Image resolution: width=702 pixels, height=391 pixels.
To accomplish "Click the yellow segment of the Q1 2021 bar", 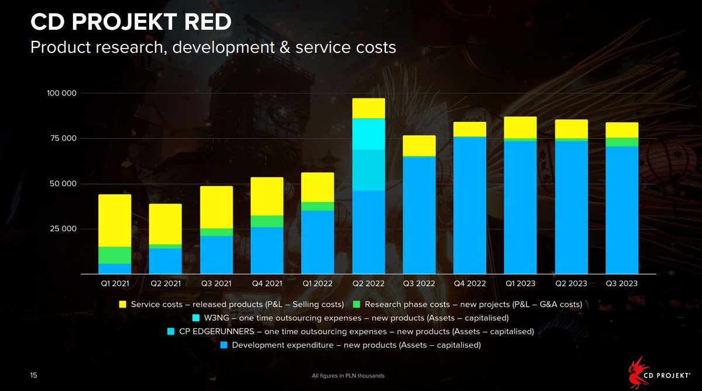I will [115, 221].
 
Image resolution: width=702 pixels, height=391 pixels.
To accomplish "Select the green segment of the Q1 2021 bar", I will [115, 255].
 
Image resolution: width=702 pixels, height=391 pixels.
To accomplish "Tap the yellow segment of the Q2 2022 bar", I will [369, 108].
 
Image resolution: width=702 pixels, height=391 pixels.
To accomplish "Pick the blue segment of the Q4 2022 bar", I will [470, 205].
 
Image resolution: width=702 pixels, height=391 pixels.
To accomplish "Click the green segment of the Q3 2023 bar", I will [622, 142].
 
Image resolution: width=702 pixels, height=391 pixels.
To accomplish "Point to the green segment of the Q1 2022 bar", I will [318, 206].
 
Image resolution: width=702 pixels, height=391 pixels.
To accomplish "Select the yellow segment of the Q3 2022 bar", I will [419, 146].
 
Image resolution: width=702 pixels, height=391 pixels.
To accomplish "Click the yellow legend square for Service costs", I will [123, 304].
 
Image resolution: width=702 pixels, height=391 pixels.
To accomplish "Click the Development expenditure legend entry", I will [356, 345].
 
